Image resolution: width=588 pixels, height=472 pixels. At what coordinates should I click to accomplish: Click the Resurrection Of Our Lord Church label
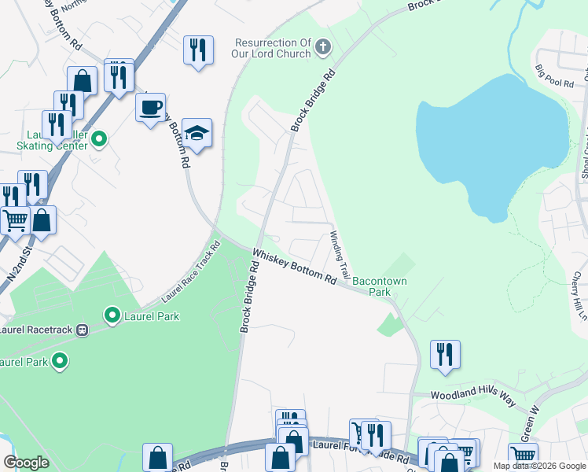point(274,49)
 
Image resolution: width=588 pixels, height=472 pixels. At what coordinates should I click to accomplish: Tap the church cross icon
point(322,49)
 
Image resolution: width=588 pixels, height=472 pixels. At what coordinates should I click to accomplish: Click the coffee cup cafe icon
point(149,107)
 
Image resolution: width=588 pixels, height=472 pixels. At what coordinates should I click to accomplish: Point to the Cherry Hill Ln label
point(580,296)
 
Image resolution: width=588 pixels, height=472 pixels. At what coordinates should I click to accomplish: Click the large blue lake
point(491,146)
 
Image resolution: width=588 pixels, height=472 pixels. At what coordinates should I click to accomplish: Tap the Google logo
point(26,463)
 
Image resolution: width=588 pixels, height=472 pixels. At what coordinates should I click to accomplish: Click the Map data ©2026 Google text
point(538,466)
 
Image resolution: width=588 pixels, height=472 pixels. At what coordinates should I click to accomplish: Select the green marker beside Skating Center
point(99,140)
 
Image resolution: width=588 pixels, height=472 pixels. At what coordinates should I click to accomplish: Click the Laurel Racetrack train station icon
point(80,330)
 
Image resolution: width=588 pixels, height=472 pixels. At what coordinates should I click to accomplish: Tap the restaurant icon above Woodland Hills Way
point(445,354)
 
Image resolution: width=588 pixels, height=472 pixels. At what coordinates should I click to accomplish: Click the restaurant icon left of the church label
point(198,50)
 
